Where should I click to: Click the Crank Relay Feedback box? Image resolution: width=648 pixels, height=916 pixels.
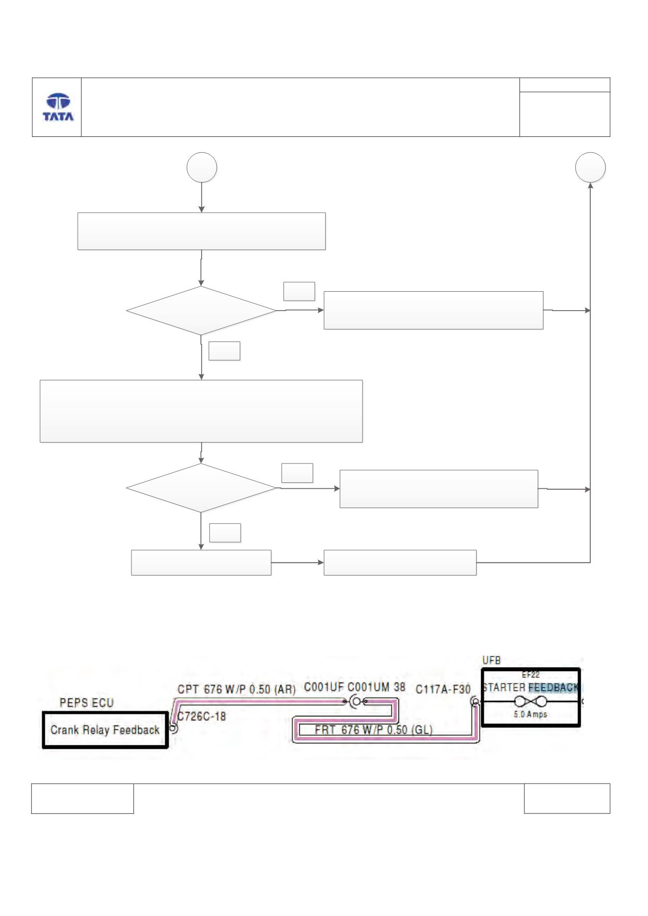coord(105,730)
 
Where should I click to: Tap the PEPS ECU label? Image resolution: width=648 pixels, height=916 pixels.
coord(87,703)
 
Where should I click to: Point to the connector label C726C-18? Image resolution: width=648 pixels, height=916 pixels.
coord(202,716)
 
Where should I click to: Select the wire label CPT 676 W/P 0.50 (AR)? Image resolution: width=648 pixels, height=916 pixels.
coord(237,689)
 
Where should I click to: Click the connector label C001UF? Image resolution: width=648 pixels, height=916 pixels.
coord(324,687)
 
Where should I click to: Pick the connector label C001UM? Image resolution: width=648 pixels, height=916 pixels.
coord(369,687)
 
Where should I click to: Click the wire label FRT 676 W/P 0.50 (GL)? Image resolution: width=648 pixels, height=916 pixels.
coord(374,730)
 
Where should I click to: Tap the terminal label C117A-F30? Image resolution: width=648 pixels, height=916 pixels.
coord(443,689)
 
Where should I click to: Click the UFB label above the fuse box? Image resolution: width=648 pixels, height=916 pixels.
coord(492,661)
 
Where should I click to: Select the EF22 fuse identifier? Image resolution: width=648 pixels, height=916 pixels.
coord(530,675)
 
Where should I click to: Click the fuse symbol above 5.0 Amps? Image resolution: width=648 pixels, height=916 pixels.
coord(531,702)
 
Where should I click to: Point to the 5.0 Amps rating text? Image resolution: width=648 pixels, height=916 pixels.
coord(531,714)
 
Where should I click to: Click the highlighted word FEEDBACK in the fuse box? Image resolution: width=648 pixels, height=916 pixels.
coord(553,687)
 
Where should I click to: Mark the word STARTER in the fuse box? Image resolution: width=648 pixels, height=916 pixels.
coord(504,687)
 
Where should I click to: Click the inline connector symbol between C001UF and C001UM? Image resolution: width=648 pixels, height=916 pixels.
coord(356,702)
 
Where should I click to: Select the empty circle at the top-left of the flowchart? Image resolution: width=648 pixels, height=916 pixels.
coord(202,167)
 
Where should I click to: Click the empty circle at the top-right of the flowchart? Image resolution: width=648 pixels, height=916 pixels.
coord(591,167)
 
